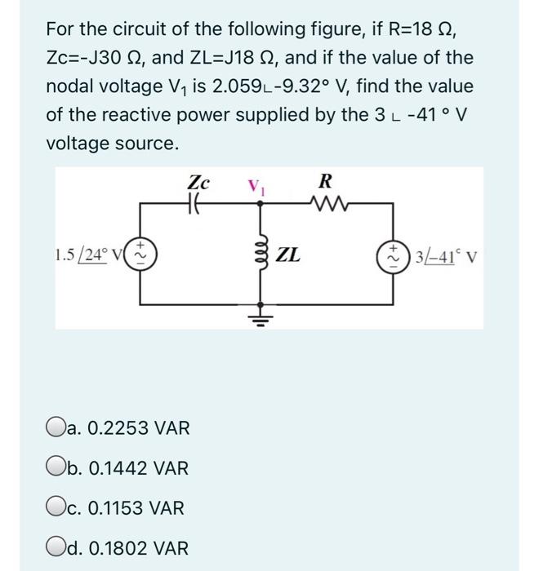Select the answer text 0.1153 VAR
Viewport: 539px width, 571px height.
[127, 507]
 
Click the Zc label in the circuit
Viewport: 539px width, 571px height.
[198, 180]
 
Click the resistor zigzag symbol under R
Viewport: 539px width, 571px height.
[325, 206]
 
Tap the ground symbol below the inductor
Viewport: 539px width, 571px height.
[261, 316]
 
